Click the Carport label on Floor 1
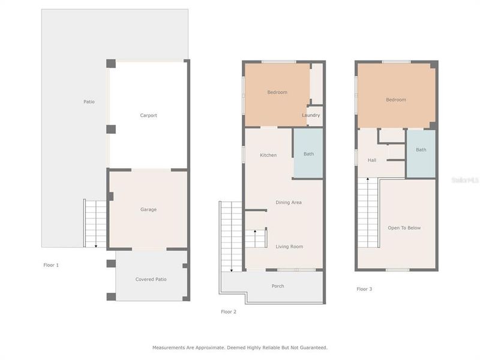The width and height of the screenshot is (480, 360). click(148, 115)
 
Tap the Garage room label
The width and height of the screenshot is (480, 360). click(148, 209)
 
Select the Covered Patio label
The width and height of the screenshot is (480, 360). click(151, 280)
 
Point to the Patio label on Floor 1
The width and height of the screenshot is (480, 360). click(89, 101)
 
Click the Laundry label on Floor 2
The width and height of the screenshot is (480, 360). click(311, 115)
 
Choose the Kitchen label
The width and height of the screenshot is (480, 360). click(268, 155)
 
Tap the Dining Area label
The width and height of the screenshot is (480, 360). click(289, 203)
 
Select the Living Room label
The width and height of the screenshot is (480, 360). click(289, 247)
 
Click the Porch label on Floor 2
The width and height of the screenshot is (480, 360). click(278, 286)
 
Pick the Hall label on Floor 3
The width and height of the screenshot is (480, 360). click(372, 160)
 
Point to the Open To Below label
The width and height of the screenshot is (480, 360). click(404, 228)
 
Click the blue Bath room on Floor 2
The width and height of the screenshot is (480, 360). click(308, 154)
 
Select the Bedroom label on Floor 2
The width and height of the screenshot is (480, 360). click(277, 92)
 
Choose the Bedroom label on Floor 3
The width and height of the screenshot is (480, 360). click(396, 100)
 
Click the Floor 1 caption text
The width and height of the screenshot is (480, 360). click(51, 265)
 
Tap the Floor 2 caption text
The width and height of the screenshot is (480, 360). click(229, 311)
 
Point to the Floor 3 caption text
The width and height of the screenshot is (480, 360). click(364, 289)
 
